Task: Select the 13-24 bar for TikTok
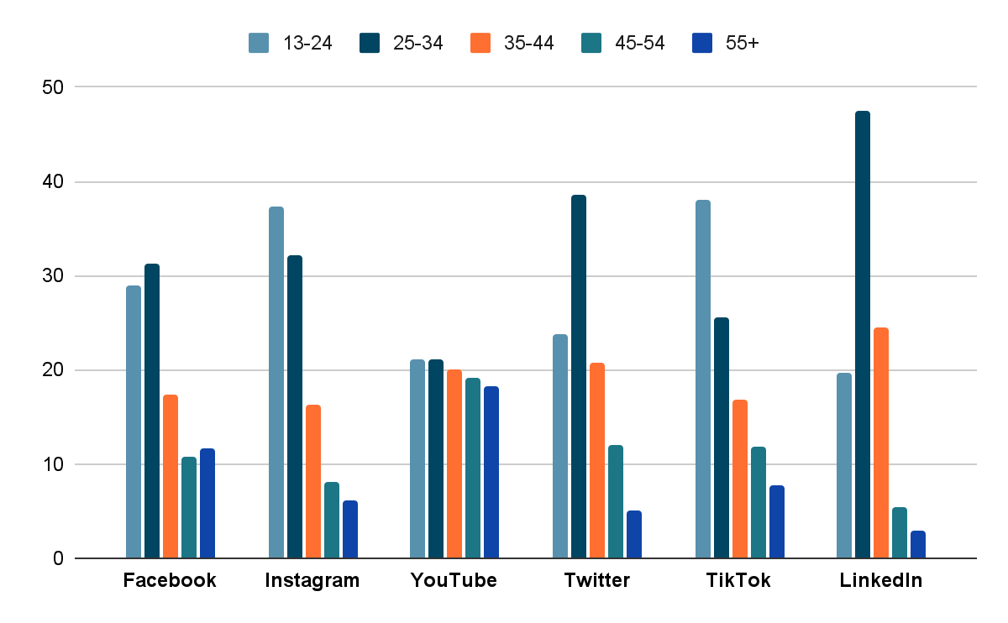pyautogui.click(x=703, y=379)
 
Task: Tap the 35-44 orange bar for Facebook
pyautogui.click(x=171, y=476)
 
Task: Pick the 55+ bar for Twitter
pyautogui.click(x=634, y=534)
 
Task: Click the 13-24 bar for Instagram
pyautogui.click(x=276, y=382)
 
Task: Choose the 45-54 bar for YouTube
pyautogui.click(x=473, y=468)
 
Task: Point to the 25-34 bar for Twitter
pyautogui.click(x=579, y=376)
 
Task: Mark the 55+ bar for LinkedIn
pyautogui.click(x=918, y=544)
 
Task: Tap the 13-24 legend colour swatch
pyautogui.click(x=258, y=43)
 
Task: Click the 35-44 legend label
pyautogui.click(x=529, y=43)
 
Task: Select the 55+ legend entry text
pyautogui.click(x=742, y=43)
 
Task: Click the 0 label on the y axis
pyautogui.click(x=57, y=558)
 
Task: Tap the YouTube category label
pyautogui.click(x=454, y=580)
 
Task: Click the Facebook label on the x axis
pyautogui.click(x=170, y=580)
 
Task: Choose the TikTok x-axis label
pyautogui.click(x=738, y=580)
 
